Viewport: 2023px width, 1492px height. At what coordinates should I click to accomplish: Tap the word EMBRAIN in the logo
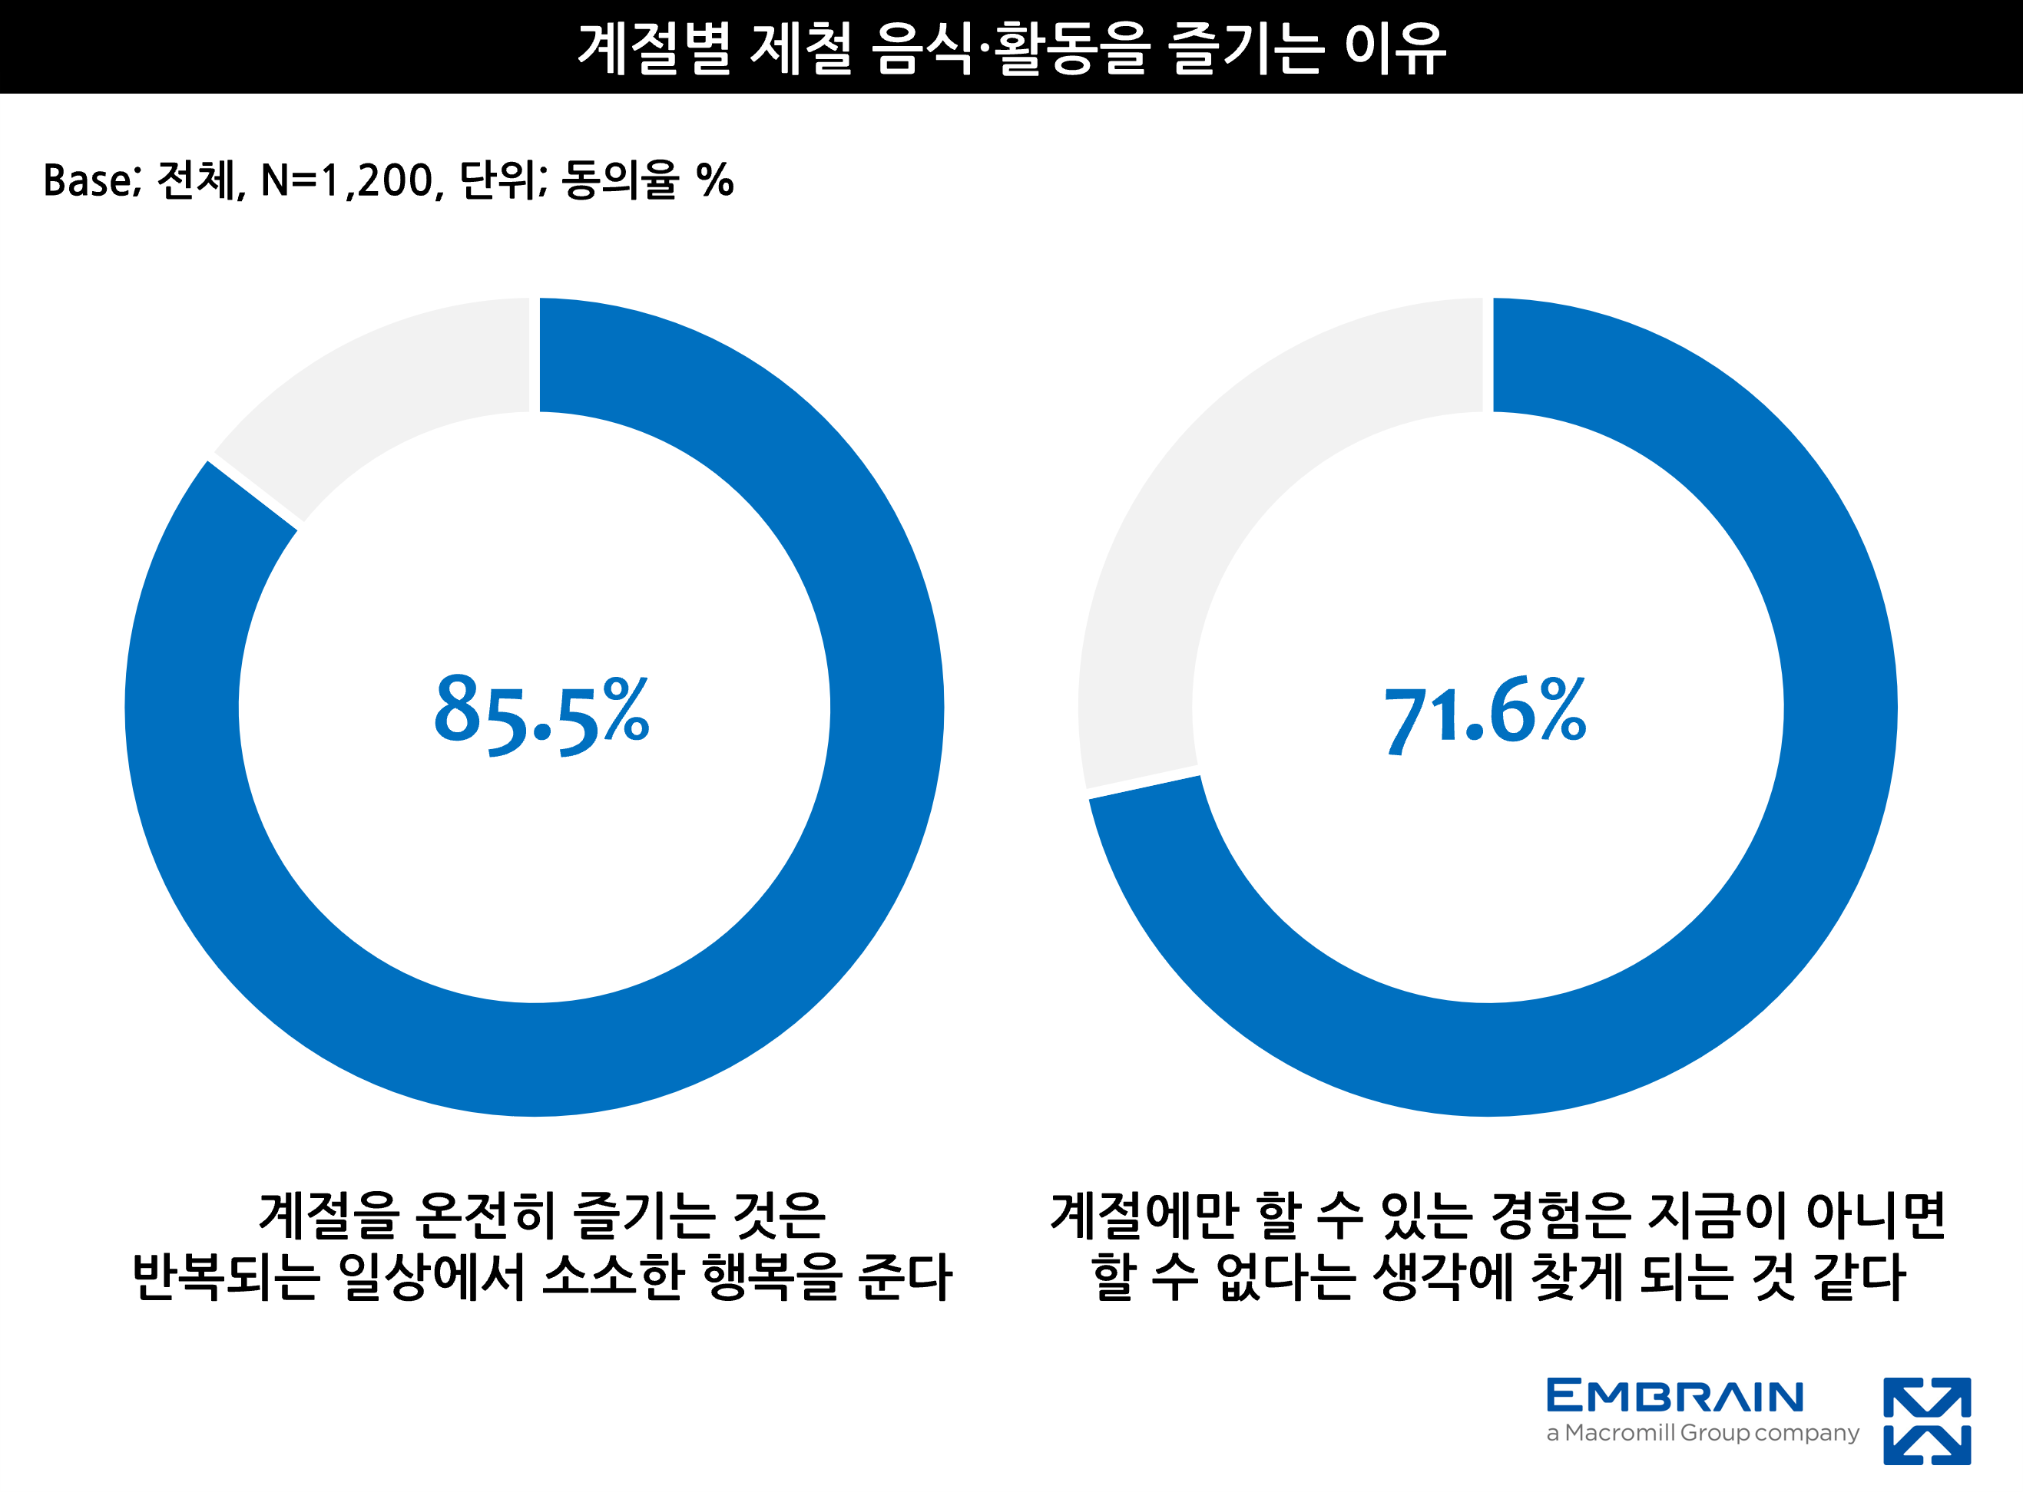tap(1674, 1396)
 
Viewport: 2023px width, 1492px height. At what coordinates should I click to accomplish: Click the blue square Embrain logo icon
tap(1926, 1421)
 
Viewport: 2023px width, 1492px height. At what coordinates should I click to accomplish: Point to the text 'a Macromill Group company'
tap(1702, 1434)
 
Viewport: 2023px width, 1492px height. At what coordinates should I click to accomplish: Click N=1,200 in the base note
tap(352, 180)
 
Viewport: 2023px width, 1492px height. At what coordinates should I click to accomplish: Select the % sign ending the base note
tap(715, 180)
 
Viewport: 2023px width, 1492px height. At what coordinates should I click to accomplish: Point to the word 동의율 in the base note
tap(620, 180)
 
